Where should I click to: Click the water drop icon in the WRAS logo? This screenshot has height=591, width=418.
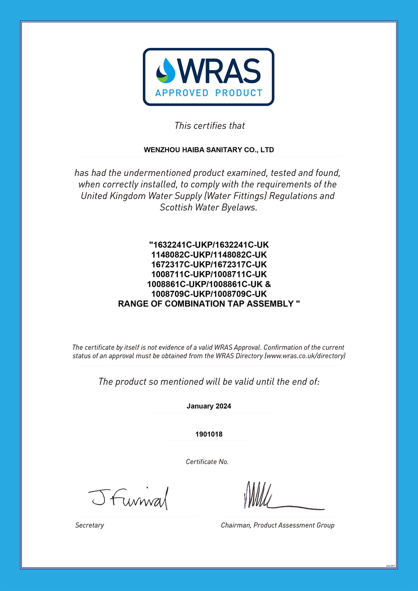[166, 71]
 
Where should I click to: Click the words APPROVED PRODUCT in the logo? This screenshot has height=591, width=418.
[209, 93]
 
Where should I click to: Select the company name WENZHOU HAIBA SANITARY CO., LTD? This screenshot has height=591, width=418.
[209, 150]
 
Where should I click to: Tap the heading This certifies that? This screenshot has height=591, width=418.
[209, 126]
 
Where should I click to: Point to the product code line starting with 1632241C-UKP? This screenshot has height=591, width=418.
[209, 245]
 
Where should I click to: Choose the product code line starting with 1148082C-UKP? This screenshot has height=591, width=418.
[209, 255]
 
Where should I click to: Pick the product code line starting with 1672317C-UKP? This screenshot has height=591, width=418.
[209, 264]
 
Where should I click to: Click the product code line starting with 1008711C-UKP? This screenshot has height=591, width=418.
[209, 274]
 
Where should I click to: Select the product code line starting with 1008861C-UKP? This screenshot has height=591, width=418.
[209, 284]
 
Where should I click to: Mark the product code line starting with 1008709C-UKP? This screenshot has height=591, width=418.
[209, 294]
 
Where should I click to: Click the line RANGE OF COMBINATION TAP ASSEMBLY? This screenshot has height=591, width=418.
[209, 304]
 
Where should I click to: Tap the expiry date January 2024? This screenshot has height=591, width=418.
[209, 406]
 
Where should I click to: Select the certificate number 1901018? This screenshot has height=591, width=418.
[209, 434]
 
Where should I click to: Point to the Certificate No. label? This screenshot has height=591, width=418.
[207, 462]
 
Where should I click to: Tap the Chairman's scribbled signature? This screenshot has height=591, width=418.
[271, 497]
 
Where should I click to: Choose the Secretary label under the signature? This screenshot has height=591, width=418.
[89, 525]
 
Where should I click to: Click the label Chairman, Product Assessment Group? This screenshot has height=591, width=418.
[278, 525]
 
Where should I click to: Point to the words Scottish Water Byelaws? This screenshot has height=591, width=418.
[208, 207]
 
